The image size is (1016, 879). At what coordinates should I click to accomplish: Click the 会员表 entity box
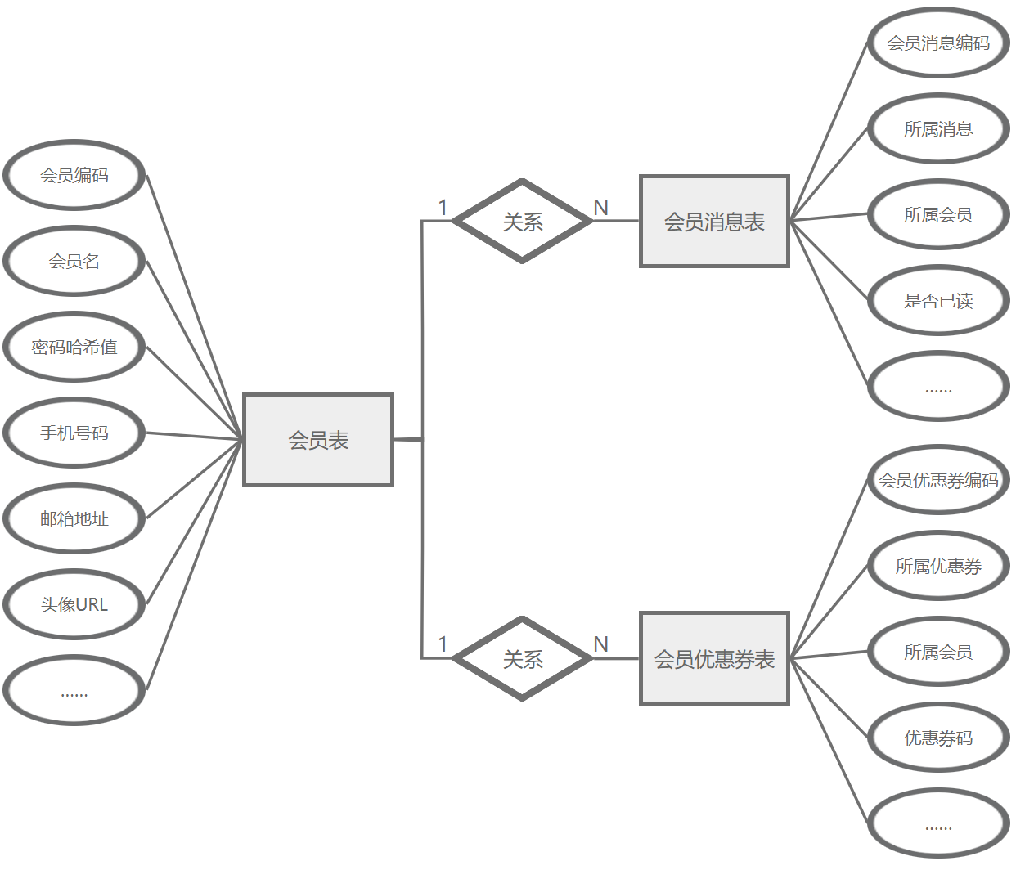318,440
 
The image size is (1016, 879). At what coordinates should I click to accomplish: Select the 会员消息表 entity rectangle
714,221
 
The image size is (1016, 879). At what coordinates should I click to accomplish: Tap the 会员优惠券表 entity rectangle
714,658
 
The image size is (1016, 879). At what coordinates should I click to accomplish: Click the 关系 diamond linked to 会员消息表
523,221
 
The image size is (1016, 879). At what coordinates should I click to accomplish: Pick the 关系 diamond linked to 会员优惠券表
523,658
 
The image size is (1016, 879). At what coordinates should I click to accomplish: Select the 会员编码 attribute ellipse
74,175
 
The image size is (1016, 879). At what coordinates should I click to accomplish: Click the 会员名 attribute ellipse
74,261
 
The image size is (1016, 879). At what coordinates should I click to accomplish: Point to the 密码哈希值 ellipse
74,347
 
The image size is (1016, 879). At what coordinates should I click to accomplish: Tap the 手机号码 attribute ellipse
74,433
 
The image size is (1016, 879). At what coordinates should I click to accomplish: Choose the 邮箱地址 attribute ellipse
74,518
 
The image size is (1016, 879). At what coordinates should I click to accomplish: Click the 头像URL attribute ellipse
74,604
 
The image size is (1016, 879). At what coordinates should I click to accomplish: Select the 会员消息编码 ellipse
938,43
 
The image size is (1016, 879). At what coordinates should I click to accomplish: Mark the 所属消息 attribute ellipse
938,128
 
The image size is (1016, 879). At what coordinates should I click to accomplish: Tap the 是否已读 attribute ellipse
938,300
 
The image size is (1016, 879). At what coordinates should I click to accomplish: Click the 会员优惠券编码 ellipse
938,480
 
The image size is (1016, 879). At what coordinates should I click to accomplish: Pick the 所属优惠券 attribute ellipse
938,566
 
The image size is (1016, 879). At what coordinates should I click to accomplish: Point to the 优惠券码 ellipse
938,738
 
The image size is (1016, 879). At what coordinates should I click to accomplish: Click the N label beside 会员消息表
601,208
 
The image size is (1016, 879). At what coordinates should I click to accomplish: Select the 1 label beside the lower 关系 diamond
443,644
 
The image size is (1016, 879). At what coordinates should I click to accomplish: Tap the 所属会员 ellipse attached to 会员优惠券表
938,652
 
